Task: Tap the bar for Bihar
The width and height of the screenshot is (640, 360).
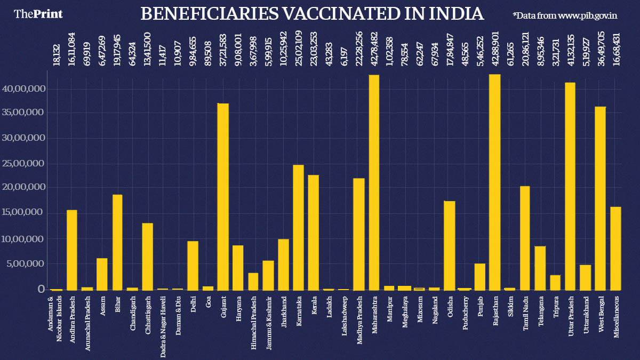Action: coord(117,242)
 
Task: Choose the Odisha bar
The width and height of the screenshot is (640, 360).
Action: coord(450,245)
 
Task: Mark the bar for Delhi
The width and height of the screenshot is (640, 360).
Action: coord(193,265)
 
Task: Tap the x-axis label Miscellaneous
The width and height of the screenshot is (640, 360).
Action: coord(616,317)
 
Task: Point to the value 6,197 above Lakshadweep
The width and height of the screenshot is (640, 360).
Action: coord(345,56)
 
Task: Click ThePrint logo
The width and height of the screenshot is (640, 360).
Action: coord(38,14)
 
